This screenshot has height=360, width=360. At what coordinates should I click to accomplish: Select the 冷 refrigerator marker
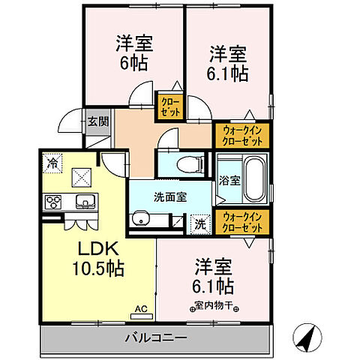[52, 160]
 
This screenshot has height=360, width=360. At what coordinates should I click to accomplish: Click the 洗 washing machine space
[200, 222]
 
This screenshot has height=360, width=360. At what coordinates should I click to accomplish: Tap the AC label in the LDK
[140, 308]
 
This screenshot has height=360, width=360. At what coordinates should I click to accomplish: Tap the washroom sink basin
[140, 219]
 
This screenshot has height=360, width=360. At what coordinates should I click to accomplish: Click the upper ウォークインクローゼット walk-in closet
[241, 136]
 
